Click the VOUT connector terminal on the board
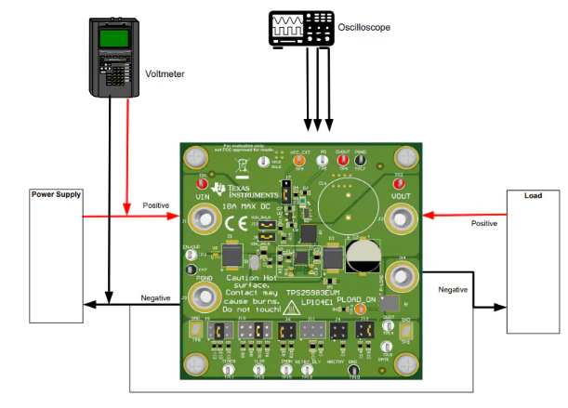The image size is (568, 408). (x=402, y=219)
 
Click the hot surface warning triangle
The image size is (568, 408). (x=292, y=307)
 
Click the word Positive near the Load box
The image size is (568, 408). (x=483, y=223)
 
